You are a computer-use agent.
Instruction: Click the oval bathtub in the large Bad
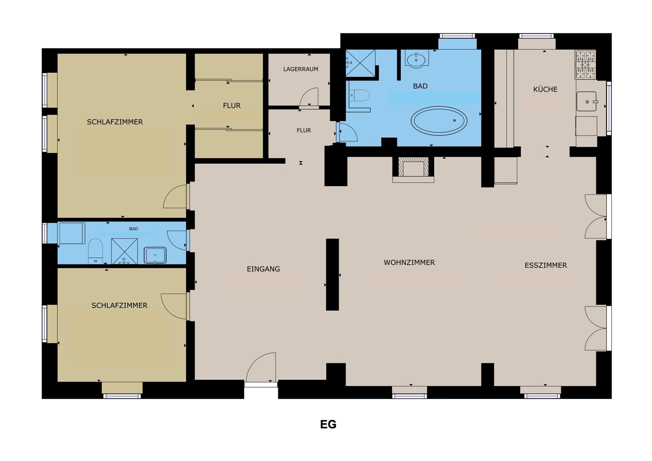point(439,121)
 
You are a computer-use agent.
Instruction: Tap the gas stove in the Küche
point(585,65)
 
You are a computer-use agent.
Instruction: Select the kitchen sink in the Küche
point(586,101)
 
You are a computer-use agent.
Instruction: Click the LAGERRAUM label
point(301,69)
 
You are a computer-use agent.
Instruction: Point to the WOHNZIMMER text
point(409,262)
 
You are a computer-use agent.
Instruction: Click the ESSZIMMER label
point(546,265)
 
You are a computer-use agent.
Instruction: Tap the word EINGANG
point(263,269)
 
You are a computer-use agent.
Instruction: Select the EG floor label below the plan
point(328,424)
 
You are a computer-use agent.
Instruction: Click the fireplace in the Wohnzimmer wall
point(413,170)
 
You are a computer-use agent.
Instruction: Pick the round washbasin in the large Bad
point(416,60)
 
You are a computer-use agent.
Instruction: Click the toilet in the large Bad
point(359,95)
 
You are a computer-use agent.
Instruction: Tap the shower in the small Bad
point(124,251)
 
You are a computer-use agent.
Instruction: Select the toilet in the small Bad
point(95,251)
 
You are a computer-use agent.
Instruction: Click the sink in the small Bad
point(155,255)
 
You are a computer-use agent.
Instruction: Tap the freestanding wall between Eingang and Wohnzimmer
point(332,274)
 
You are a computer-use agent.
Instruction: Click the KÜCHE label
point(545,89)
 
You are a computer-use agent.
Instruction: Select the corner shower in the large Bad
point(360,63)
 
